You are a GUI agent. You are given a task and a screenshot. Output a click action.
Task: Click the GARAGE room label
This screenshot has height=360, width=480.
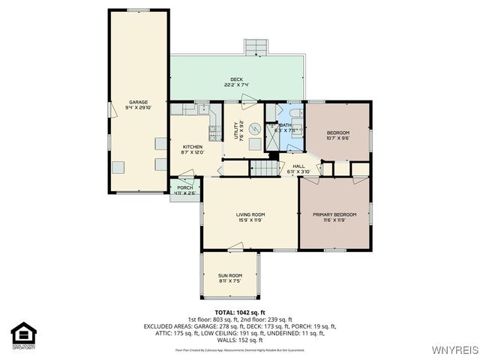(137, 102)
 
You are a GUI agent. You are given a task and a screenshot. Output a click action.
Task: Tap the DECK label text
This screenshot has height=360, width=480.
(236, 79)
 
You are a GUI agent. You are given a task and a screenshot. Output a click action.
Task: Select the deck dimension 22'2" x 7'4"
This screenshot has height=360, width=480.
(236, 85)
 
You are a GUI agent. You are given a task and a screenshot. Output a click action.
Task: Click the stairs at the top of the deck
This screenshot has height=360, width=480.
(256, 47)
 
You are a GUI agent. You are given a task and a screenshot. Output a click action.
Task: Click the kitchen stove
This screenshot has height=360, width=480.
(214, 133)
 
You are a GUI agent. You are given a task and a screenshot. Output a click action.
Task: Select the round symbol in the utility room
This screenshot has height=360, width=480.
(254, 127)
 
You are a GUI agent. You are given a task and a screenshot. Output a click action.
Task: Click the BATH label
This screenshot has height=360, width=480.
(286, 125)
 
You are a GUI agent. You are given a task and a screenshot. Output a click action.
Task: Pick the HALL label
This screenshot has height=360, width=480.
(298, 166)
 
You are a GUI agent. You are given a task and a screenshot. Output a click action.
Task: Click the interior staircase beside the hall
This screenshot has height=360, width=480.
(263, 168)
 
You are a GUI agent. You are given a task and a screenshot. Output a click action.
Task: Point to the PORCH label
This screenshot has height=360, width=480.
(184, 187)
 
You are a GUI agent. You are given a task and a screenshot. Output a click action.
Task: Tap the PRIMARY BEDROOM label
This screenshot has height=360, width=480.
(334, 214)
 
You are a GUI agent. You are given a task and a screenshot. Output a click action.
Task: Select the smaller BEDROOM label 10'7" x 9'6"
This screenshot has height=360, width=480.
(337, 133)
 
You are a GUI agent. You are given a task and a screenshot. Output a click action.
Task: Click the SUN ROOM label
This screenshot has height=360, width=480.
(230, 275)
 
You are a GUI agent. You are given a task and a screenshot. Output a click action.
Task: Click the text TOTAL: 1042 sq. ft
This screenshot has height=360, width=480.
(240, 311)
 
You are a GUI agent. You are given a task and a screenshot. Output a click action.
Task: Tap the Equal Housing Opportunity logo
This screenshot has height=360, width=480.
(24, 334)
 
